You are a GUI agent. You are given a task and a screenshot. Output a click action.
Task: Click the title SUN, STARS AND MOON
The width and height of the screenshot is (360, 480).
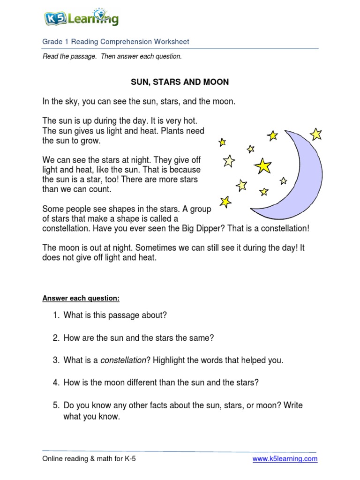[180, 82]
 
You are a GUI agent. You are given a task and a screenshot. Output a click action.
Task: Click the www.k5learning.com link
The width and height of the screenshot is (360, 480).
[285, 459]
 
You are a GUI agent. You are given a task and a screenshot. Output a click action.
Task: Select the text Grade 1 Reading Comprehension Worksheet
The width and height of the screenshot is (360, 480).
[116, 42]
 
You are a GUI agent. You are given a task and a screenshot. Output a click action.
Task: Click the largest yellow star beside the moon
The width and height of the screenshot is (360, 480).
[263, 165]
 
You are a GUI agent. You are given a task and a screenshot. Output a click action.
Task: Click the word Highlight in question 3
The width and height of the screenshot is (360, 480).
[170, 360]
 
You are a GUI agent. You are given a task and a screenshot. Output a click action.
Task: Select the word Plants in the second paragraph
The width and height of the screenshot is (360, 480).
[172, 131]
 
